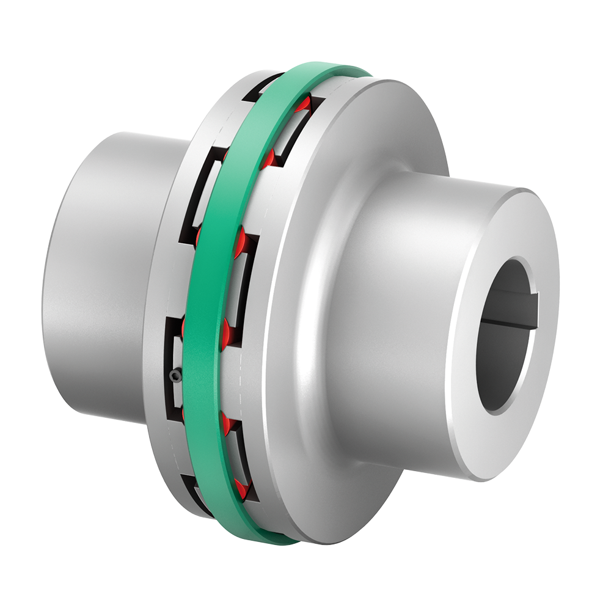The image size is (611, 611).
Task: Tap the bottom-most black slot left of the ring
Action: pyautogui.click(x=196, y=495)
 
